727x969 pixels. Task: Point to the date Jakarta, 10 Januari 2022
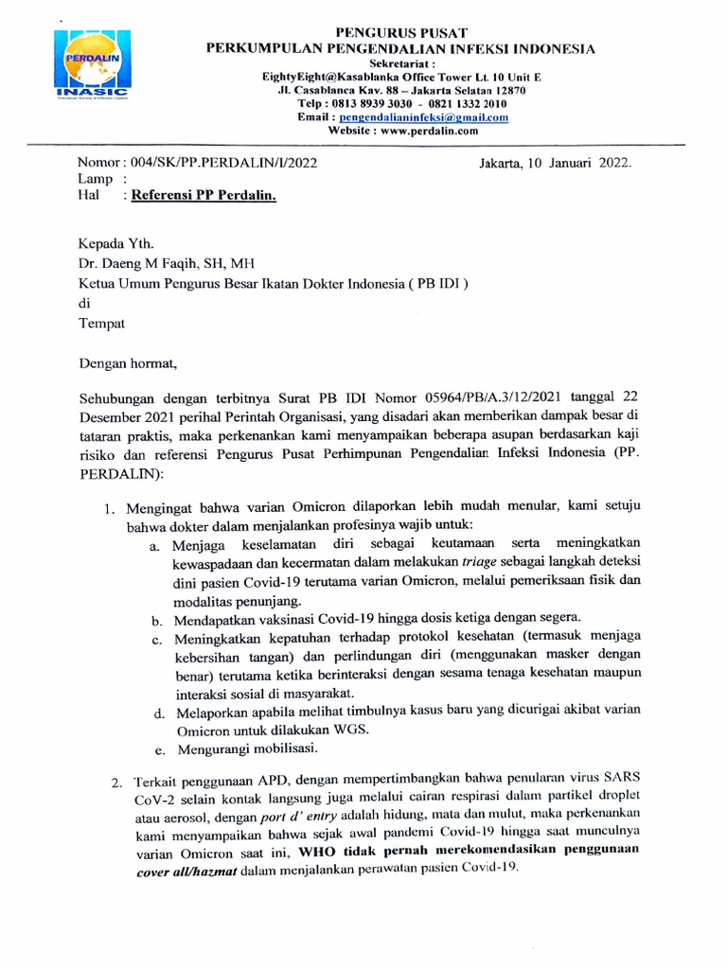[x=557, y=163]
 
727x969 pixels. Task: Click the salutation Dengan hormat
[x=127, y=361]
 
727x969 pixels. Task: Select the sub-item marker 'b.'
[x=156, y=622]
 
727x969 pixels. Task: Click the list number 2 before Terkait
[x=115, y=784]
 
